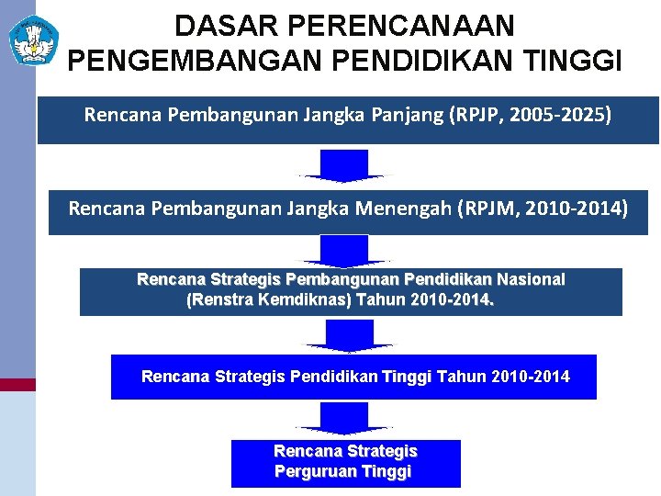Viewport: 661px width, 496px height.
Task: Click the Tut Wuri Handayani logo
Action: coord(34,39)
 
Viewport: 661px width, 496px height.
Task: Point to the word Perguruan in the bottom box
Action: coord(313,472)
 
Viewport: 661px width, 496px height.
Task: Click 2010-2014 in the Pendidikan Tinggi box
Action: coord(531,377)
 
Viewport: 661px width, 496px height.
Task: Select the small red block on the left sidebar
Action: coord(17,385)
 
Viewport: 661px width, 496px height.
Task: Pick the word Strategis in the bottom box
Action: coord(383,452)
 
